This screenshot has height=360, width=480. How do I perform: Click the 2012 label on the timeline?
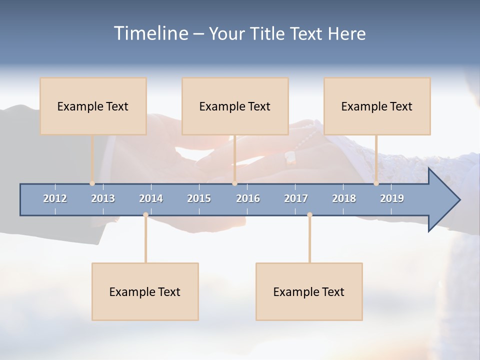(x=55, y=198)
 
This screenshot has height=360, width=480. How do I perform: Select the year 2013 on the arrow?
(x=103, y=198)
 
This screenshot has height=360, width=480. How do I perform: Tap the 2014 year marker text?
(x=151, y=198)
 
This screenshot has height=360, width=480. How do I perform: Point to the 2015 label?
(x=199, y=198)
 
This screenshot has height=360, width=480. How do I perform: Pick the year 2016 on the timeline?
(x=248, y=198)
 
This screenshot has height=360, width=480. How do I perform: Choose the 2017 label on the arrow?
(x=296, y=198)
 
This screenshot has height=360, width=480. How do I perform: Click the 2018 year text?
(x=344, y=198)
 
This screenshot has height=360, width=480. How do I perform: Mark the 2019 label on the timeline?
(x=392, y=198)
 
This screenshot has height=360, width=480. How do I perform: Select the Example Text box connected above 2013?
(x=93, y=106)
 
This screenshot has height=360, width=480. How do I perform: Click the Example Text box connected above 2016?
(x=235, y=106)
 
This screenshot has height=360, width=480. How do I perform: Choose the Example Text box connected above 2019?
(x=377, y=106)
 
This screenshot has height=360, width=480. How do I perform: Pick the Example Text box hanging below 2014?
(x=145, y=291)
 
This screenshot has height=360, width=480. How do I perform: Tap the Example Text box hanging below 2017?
(x=309, y=291)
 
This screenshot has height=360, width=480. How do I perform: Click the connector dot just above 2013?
(x=92, y=183)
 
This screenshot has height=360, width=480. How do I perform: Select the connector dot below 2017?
(x=309, y=215)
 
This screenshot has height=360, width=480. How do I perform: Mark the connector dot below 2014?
(x=145, y=215)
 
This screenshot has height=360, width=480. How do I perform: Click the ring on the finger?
(x=290, y=158)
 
